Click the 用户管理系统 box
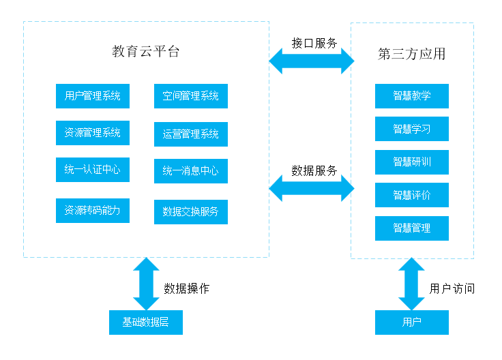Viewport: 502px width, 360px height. (92, 96)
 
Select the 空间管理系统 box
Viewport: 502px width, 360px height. (190, 96)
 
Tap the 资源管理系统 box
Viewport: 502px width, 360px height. (92, 133)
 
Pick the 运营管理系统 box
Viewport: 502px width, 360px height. (190, 134)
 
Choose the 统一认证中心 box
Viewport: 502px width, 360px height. (92, 170)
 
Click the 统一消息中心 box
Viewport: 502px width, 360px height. (190, 171)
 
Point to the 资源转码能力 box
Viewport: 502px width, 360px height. (92, 211)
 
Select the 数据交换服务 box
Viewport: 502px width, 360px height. (190, 211)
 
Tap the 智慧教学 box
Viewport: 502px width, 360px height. (411, 96)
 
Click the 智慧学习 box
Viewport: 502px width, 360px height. (411, 129)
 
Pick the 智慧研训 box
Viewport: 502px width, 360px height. (411, 162)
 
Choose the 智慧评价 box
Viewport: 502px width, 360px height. (411, 195)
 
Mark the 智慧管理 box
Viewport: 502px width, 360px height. (411, 228)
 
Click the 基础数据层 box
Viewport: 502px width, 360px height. (146, 322)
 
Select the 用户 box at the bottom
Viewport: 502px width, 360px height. (411, 322)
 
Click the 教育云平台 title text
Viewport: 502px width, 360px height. (146, 52)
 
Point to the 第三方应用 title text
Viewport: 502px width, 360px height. (411, 54)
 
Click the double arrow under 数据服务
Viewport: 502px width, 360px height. (311, 187)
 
